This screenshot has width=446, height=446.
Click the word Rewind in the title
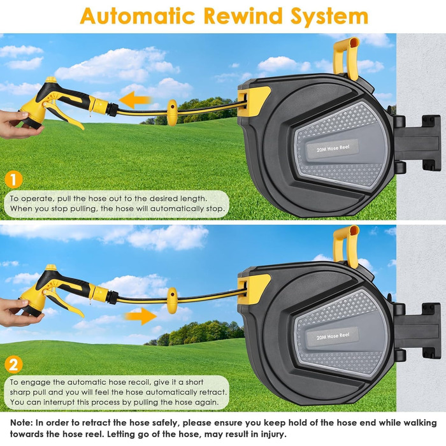(x=243, y=16)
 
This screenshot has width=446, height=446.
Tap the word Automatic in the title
(x=138, y=16)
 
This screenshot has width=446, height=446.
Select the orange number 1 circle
(x=13, y=180)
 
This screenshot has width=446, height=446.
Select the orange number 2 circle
(x=13, y=364)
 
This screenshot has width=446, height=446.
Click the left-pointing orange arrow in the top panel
(x=135, y=100)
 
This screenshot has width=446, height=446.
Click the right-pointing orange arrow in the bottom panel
(x=141, y=316)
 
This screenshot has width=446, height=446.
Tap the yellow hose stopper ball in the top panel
(x=172, y=113)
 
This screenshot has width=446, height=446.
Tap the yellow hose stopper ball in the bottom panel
(x=172, y=300)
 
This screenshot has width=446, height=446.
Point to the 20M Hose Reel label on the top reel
(x=333, y=148)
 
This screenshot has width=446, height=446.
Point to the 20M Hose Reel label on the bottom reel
(x=333, y=336)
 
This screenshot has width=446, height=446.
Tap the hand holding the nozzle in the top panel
(x=18, y=124)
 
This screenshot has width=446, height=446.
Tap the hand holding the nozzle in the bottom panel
(x=18, y=313)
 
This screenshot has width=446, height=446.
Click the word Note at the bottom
(x=21, y=422)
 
